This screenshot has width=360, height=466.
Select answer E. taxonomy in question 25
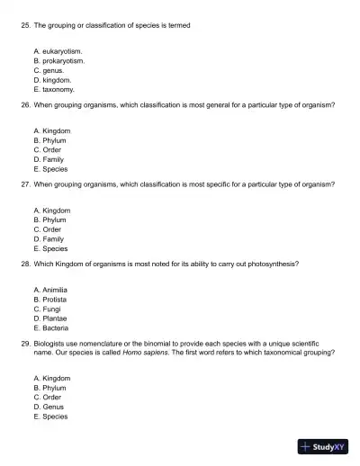(x=53, y=89)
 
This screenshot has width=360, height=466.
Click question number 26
(x=25, y=105)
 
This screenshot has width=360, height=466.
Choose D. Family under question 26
(x=49, y=159)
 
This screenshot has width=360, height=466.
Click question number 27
(x=25, y=184)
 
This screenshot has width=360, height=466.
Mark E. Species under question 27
(x=50, y=248)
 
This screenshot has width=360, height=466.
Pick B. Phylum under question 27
(x=49, y=220)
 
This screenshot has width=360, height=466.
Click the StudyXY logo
(x=323, y=446)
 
